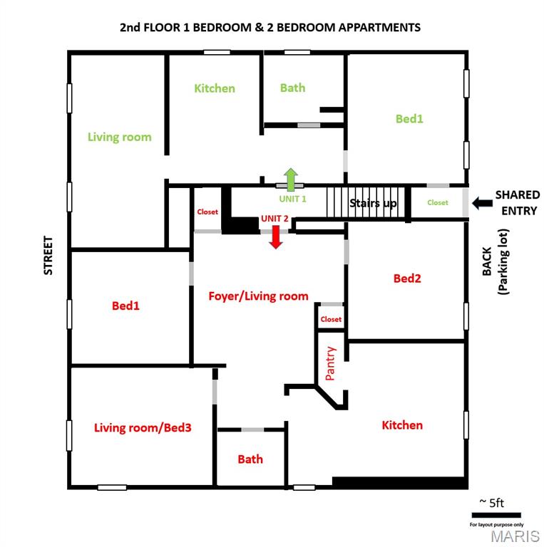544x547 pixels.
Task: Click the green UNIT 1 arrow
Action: [x=290, y=179]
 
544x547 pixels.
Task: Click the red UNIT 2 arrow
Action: [x=276, y=237]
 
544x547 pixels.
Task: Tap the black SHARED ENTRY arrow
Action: [x=482, y=203]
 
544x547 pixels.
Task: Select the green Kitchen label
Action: [x=215, y=88]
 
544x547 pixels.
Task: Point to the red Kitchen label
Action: [x=402, y=425]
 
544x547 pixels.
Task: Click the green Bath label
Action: [x=292, y=88]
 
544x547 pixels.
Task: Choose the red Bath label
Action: [x=250, y=459]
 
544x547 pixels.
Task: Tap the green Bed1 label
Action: [x=409, y=119]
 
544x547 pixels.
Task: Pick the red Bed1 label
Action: [x=125, y=306]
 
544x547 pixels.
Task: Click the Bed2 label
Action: [x=407, y=278]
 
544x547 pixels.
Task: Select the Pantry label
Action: [x=330, y=363]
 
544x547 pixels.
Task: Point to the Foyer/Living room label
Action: [x=258, y=296]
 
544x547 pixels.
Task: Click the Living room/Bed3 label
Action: [x=143, y=427]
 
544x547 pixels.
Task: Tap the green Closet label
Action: [x=438, y=203]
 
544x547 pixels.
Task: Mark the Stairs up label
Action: [x=373, y=203]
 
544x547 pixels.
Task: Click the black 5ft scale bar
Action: [x=496, y=515]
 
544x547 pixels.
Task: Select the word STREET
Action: [x=48, y=256]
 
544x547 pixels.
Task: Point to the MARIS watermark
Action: [x=515, y=536]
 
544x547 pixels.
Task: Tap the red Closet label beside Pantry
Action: [x=331, y=319]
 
